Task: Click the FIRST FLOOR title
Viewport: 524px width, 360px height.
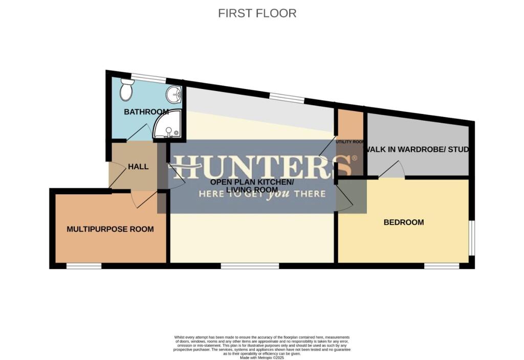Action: point(257,13)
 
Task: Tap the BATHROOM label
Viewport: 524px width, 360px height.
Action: point(146,112)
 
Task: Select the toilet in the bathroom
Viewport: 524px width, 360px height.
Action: point(126,91)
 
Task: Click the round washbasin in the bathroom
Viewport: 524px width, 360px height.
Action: point(174,94)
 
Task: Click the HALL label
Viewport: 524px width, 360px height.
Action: point(138,167)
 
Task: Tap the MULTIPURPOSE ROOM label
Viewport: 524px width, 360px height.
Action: point(110,229)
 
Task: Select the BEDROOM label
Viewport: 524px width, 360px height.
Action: point(404,222)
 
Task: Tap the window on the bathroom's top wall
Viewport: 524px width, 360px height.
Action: point(149,78)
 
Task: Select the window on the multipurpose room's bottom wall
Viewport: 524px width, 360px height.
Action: point(84,266)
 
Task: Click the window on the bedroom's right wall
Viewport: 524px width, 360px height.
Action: point(471,238)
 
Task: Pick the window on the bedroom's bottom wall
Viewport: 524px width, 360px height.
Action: point(441,266)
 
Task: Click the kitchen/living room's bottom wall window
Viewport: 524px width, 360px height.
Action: point(250,266)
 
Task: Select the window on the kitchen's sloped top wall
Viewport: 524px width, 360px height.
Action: point(287,98)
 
